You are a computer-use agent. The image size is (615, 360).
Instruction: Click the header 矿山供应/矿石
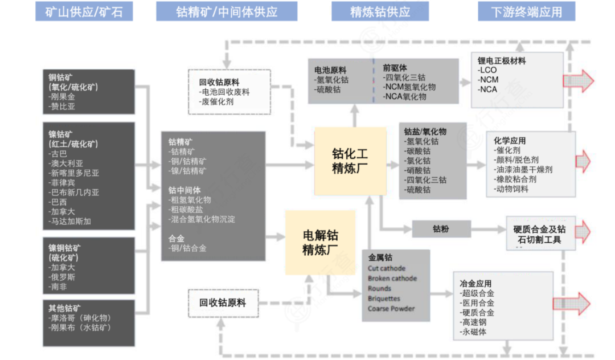point(84,12)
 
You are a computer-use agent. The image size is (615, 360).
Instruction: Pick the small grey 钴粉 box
point(441,229)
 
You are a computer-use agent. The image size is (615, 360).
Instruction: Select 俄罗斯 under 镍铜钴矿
point(63,277)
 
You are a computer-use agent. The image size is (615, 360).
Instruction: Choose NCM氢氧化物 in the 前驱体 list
point(410,87)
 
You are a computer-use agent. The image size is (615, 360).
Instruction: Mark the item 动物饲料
point(511,189)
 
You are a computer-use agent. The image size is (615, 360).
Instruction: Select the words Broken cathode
point(392,279)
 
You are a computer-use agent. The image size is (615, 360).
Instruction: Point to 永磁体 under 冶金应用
point(475,332)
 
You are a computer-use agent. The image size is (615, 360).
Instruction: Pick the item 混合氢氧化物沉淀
point(202,219)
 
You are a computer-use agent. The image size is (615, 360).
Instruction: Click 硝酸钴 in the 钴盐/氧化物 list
point(420,170)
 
